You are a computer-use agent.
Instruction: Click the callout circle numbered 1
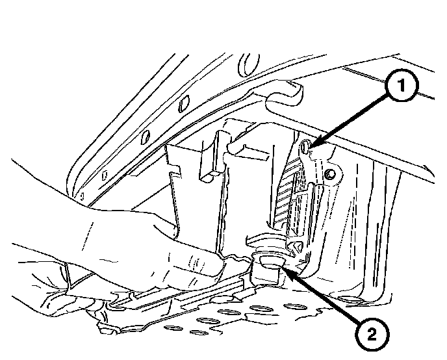402,85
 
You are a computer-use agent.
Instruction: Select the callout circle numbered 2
372,334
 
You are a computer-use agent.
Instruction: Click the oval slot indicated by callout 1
305,146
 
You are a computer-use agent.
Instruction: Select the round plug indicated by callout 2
270,262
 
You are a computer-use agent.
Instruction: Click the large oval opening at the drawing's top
248,64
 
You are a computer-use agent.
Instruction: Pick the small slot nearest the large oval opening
184,104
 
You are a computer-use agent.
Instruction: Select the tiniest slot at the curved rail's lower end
83,196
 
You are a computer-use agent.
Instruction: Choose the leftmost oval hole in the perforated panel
173,328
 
